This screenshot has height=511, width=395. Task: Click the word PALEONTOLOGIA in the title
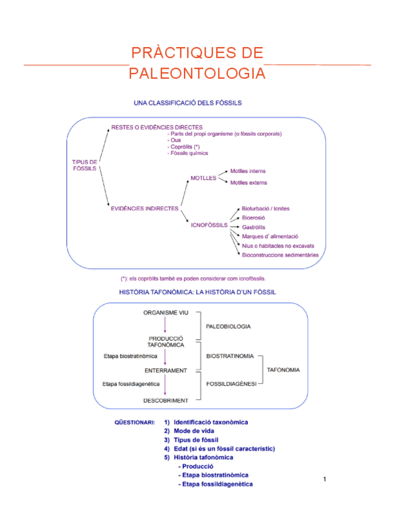[x=197, y=74]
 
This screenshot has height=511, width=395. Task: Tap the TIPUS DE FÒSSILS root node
[x=84, y=165]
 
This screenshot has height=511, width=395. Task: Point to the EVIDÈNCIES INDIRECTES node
[x=144, y=208]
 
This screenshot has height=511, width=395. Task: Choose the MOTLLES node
[x=203, y=178]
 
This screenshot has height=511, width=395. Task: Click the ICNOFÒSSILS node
[x=209, y=225]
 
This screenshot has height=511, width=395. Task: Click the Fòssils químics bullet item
[x=189, y=153]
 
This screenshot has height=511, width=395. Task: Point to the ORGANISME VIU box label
[x=165, y=313]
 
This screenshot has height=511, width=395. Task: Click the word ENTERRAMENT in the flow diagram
[x=165, y=370]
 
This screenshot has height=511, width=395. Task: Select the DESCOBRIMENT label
[x=165, y=400]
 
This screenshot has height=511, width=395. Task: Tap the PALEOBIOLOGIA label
[x=229, y=326]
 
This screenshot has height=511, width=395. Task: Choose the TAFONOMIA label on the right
[x=283, y=370]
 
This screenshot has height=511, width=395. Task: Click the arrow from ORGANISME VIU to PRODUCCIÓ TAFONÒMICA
[x=165, y=325]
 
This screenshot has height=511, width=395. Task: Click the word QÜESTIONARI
[x=134, y=422]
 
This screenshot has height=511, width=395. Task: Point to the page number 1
[x=324, y=479]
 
